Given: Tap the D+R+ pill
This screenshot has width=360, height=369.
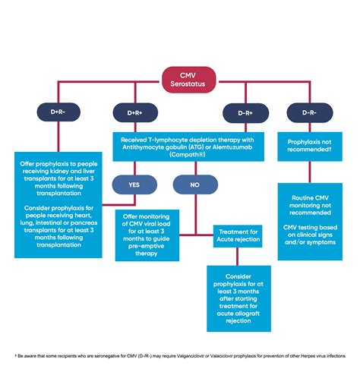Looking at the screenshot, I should (134, 112).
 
